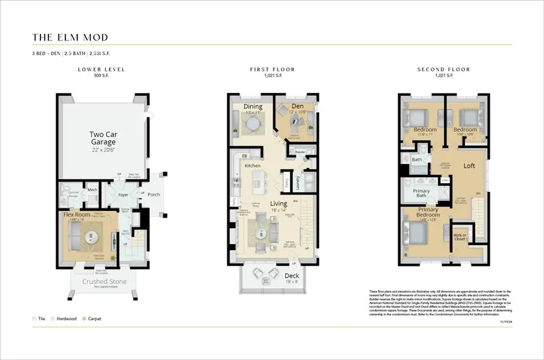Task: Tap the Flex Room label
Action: click(77, 214)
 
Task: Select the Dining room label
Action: click(253, 107)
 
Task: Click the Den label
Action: click(290, 106)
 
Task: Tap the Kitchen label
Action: click(252, 165)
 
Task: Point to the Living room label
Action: click(278, 204)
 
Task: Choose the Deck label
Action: click(291, 275)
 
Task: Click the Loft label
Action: click(469, 165)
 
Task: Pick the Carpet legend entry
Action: click(94, 318)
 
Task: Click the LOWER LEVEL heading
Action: click(101, 69)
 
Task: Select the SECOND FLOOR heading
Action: click(444, 69)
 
